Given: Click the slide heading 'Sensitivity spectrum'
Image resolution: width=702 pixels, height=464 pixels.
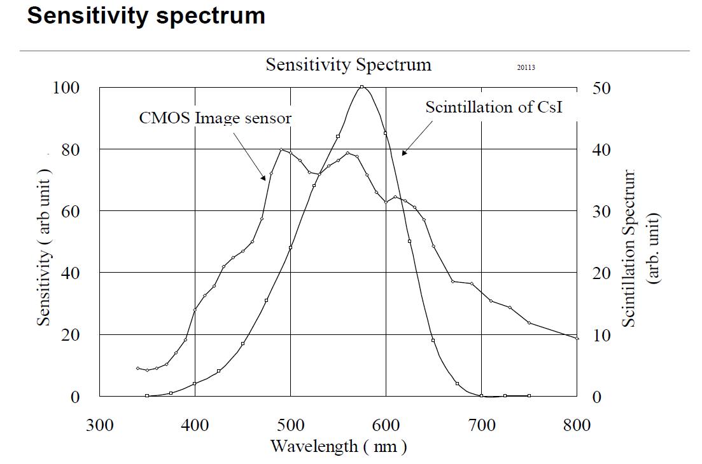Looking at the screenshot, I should [x=146, y=16].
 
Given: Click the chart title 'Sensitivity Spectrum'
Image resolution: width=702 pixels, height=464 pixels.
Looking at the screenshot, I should [x=348, y=64].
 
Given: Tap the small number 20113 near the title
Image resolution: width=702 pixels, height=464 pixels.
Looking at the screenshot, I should [x=526, y=67].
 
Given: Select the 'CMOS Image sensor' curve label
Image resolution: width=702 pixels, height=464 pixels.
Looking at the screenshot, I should [x=215, y=118].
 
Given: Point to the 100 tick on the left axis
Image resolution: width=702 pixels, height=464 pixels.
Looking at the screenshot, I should [x=66, y=88].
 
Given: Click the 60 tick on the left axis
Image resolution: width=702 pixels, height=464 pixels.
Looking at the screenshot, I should [x=70, y=211].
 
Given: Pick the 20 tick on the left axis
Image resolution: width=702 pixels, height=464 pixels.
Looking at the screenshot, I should [x=70, y=335].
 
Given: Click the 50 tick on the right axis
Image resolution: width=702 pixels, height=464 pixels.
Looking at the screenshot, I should [x=601, y=88].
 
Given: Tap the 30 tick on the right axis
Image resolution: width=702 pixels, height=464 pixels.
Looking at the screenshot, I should [x=601, y=212].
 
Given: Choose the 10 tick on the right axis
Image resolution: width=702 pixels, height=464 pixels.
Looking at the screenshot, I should [x=601, y=336].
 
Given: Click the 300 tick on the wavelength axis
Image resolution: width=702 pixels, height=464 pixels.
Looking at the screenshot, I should [x=100, y=425].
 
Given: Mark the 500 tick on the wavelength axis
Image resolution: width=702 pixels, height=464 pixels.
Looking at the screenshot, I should [x=290, y=425].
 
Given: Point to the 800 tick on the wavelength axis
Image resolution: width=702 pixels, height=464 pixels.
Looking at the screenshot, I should [x=577, y=425].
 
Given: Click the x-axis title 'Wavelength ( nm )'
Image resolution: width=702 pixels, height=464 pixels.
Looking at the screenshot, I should [x=338, y=446].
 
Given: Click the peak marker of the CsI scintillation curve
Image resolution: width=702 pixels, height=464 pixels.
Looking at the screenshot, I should [x=362, y=87].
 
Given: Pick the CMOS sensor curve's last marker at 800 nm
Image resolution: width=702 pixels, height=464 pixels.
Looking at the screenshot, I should [x=577, y=338].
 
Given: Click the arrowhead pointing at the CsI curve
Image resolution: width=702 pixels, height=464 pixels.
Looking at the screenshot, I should [x=404, y=153].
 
